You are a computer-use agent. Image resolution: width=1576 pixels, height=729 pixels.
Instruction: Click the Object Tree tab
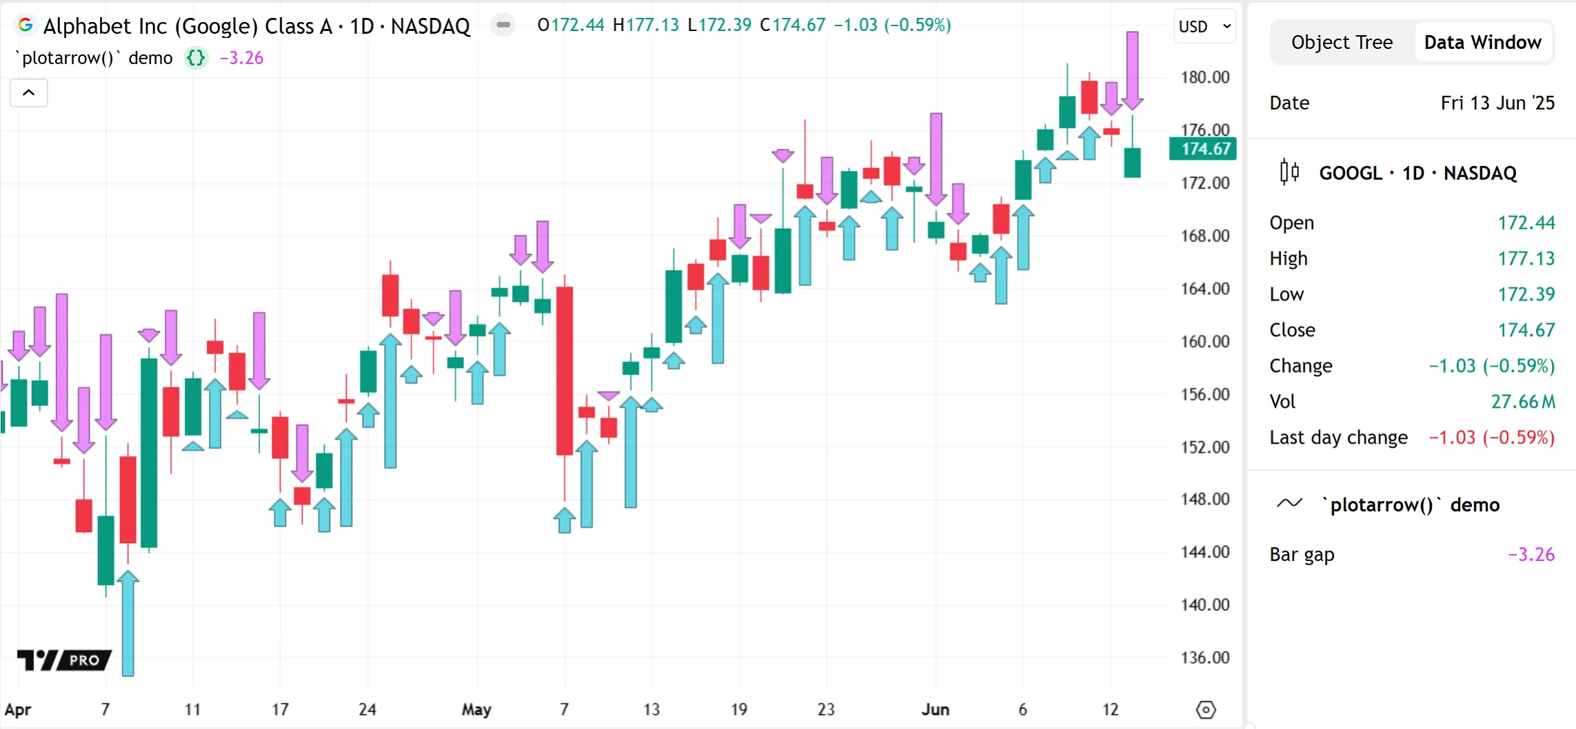1342,43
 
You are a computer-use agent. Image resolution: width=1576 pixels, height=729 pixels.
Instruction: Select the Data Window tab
1482,43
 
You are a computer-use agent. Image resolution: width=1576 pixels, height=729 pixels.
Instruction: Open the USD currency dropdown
1204,27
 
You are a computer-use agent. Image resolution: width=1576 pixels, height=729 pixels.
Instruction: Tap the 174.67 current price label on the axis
1203,149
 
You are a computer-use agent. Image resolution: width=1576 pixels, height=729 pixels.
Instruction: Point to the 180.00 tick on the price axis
1204,77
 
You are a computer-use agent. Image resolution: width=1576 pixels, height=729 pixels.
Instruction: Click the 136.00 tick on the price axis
1204,657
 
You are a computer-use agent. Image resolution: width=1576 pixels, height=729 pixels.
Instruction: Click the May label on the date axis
476,709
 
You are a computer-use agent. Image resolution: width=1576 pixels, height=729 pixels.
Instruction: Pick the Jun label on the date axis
936,709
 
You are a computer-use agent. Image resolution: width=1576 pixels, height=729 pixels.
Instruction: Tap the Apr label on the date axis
18,709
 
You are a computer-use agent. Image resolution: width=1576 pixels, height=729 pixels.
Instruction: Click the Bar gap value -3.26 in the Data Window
1530,555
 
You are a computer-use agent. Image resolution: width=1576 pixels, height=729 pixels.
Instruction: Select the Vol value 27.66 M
1522,402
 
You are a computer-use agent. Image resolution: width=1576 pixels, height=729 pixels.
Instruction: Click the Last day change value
1491,438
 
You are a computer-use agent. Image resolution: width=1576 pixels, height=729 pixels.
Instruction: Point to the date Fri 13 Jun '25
1497,103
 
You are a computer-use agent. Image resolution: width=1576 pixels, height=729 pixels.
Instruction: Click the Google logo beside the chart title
26,25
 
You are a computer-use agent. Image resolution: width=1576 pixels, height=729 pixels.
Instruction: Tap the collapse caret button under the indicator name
29,93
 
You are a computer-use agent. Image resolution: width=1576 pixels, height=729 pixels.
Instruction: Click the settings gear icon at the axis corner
1206,710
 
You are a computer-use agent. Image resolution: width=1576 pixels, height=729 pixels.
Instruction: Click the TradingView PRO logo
64,660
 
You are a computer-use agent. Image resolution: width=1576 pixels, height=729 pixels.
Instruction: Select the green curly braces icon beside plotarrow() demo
196,58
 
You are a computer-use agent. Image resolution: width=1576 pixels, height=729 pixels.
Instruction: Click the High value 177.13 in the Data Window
1526,258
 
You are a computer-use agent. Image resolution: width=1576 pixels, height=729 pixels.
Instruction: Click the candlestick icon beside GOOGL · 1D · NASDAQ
1289,172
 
